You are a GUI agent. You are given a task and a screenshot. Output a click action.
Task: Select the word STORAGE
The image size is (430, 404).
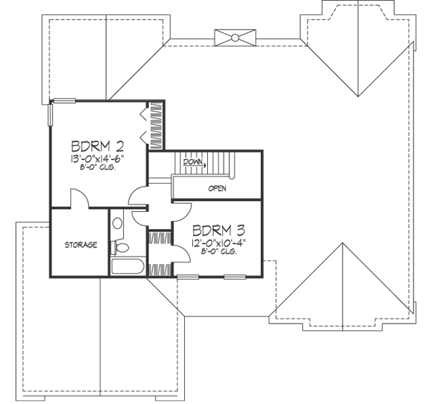point(80,245)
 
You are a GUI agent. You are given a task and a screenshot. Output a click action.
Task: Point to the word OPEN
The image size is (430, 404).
point(217,188)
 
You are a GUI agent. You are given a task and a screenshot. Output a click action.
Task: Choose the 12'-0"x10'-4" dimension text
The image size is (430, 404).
point(214,243)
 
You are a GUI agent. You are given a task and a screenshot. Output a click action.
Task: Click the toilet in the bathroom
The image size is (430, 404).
point(121,247)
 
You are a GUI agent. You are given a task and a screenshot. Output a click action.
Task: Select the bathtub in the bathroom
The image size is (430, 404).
point(128,268)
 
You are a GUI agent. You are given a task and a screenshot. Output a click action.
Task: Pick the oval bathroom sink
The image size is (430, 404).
point(118,223)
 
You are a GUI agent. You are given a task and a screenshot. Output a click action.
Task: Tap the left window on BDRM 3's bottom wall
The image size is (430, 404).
point(188,276)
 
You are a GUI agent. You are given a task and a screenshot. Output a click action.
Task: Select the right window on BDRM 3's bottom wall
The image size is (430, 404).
point(234,276)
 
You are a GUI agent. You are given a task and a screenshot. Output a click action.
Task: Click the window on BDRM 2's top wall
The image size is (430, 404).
point(65,100)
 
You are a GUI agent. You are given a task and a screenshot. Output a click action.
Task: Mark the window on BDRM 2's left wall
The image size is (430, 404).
point(50,114)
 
